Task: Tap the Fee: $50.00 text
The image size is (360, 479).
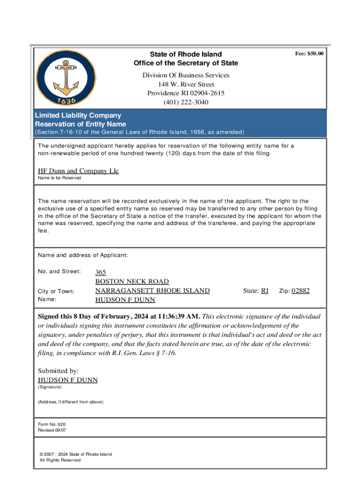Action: (309, 54)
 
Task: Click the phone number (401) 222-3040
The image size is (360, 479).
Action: (186, 102)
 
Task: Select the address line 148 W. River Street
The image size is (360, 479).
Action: (186, 84)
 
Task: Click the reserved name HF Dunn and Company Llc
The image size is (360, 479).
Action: (78, 171)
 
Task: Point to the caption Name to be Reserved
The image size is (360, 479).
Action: (59, 178)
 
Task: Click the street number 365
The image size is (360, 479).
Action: (101, 272)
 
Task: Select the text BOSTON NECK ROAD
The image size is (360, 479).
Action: (132, 282)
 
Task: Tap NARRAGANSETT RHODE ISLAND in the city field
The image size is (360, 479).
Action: (152, 290)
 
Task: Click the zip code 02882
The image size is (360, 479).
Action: (301, 290)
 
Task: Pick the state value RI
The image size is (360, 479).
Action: (264, 290)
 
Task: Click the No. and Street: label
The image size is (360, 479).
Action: (59, 272)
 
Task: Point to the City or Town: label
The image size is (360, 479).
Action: (56, 291)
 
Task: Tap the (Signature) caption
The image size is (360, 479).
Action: (49, 387)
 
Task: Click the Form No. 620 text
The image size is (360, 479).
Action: (48, 424)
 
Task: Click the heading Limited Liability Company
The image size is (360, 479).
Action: (78, 116)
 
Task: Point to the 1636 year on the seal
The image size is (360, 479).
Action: (66, 100)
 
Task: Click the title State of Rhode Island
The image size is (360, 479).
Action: (186, 54)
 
